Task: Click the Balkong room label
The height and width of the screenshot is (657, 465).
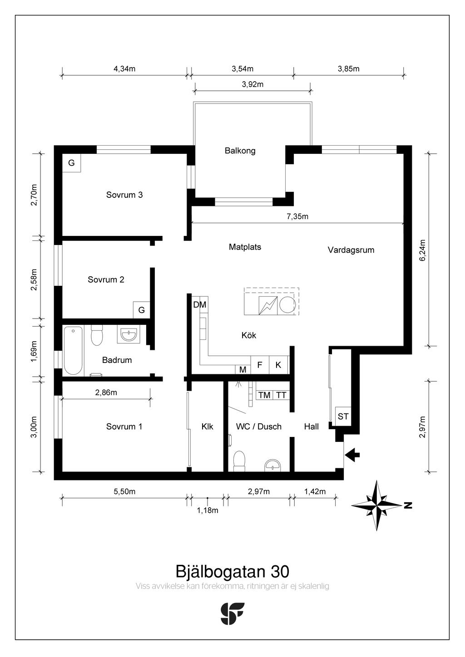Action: click(240, 151)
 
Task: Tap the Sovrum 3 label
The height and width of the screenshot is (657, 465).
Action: click(124, 195)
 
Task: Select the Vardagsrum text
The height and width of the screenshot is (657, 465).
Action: click(351, 250)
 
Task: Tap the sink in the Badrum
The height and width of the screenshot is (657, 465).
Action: click(129, 334)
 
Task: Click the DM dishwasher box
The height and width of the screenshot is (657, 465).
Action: click(200, 305)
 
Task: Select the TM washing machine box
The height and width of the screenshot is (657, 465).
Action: click(264, 395)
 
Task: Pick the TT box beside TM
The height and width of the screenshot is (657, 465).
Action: click(281, 395)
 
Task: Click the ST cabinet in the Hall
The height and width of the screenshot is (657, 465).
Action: click(343, 417)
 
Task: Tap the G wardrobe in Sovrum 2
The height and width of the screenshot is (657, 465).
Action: click(142, 310)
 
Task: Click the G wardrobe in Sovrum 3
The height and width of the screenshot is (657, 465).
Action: click(71, 163)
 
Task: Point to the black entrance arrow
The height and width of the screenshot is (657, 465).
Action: click(352, 455)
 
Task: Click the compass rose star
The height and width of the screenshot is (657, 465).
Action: click(376, 505)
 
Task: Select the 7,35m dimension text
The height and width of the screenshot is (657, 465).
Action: click(297, 217)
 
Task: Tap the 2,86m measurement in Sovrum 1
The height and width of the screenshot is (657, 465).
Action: click(106, 392)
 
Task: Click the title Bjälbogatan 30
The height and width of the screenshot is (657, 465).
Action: click(232, 571)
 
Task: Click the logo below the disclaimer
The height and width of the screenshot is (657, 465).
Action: click(232, 613)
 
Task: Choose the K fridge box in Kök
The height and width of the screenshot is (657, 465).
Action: click(278, 365)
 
